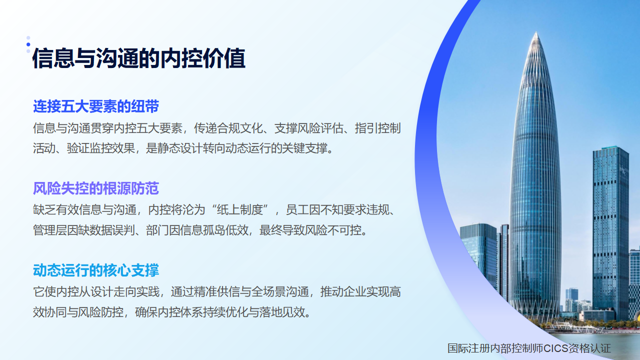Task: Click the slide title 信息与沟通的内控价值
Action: pos(139,58)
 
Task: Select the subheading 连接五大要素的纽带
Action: pos(96,106)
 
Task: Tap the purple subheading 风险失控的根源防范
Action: pos(96,188)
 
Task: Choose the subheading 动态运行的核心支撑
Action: pos(96,270)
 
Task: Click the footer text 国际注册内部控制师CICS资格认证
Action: pos(529,348)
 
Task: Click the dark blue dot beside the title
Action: pos(28,44)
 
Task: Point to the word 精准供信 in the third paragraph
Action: pos(216,292)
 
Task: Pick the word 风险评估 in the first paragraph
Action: pos(320,128)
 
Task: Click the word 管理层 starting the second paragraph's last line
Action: pos(50,230)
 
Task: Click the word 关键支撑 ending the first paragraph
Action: pos(305,148)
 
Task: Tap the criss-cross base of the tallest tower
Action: pos(535,310)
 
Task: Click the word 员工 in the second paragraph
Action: pos(297,210)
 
